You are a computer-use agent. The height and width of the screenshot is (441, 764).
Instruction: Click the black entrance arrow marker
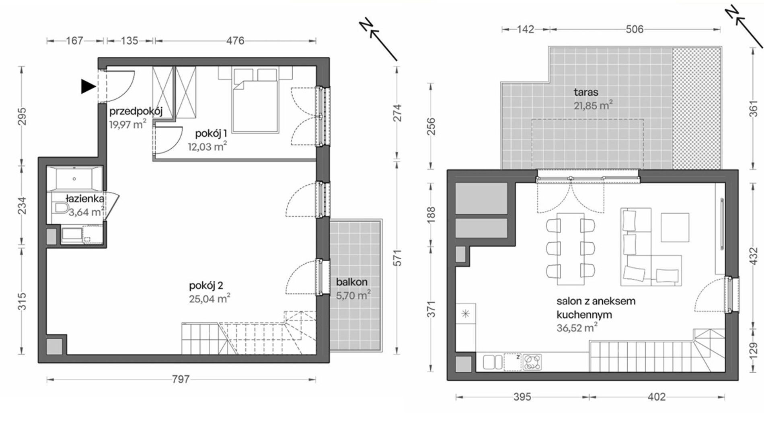[x=88, y=86]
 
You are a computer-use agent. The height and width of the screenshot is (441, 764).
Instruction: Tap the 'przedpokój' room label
[x=136, y=111]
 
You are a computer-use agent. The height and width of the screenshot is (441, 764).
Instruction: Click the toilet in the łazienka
[x=61, y=208]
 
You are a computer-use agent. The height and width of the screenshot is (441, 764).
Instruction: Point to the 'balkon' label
[x=352, y=282]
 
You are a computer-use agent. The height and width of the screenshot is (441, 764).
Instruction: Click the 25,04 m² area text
[x=209, y=299]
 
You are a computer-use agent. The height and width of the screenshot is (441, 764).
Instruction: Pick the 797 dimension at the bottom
[x=181, y=379]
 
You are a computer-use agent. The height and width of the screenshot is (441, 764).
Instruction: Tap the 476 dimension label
[x=235, y=41]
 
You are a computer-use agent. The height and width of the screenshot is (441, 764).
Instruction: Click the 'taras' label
[x=586, y=92]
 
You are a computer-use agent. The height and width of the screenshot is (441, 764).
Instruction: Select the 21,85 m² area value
[x=594, y=106]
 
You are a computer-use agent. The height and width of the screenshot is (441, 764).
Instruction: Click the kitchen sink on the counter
[x=492, y=362]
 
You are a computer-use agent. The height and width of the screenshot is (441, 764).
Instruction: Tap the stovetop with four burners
[x=532, y=362]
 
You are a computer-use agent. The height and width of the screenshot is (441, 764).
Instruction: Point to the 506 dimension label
[x=635, y=29]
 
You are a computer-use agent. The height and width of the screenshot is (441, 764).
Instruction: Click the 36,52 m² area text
[x=577, y=328]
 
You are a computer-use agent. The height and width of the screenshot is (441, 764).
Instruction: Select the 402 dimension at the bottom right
[x=657, y=397]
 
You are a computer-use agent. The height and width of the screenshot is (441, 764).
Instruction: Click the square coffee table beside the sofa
[x=675, y=228]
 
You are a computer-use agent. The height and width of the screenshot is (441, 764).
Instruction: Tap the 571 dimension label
[x=397, y=258]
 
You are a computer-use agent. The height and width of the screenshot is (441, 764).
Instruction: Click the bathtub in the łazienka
[x=74, y=178]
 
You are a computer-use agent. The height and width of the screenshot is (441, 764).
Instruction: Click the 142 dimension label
[x=526, y=29]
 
